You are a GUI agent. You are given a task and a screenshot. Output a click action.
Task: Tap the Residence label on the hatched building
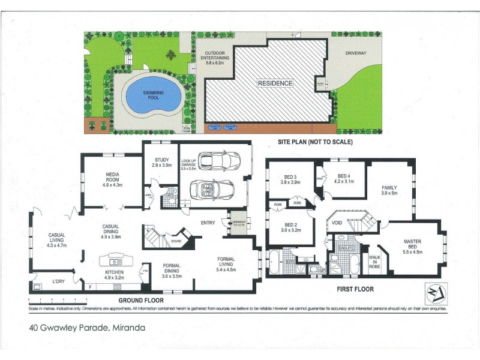(x=275, y=83)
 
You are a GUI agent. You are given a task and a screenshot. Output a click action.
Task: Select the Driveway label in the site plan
(x=356, y=53)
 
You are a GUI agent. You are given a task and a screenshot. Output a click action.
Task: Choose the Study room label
(x=161, y=162)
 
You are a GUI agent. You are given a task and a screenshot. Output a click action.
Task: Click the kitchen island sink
(x=114, y=261)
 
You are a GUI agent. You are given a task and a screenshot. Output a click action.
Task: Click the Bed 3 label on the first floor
(x=290, y=178)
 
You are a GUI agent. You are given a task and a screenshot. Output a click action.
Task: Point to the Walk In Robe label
(x=375, y=260)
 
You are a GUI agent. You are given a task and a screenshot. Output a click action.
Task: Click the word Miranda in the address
(x=127, y=328)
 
